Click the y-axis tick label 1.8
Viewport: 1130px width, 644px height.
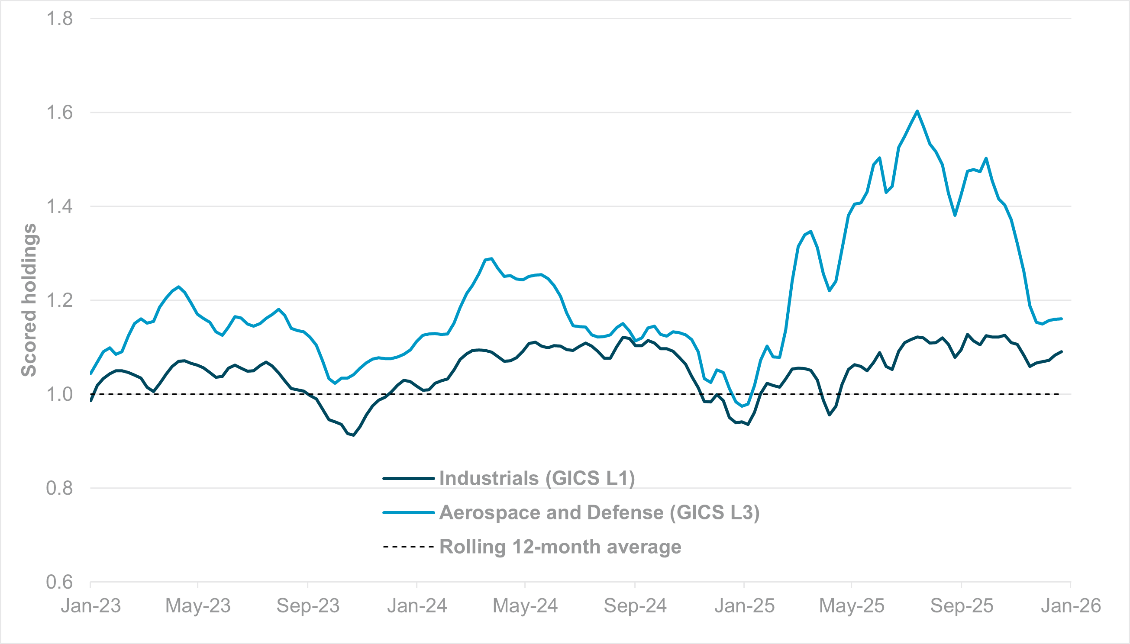click(59, 19)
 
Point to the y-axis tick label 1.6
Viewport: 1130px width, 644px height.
click(59, 113)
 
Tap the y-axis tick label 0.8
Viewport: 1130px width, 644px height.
click(59, 488)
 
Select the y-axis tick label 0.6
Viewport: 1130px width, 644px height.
click(59, 582)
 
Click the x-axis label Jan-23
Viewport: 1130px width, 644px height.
click(90, 605)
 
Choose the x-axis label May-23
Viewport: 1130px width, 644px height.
click(198, 605)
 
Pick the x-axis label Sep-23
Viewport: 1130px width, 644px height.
click(307, 605)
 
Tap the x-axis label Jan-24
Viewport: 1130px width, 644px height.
click(417, 605)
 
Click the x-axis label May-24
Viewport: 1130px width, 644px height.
click(525, 605)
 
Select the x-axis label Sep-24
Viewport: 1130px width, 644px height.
click(635, 605)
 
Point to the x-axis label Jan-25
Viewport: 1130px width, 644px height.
click(744, 605)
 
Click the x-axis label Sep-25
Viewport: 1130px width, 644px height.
click(962, 605)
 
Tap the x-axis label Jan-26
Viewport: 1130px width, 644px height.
click(1070, 605)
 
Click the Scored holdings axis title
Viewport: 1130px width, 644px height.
click(29, 300)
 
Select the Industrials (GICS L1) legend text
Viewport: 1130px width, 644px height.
click(537, 478)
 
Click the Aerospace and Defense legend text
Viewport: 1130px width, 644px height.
click(599, 512)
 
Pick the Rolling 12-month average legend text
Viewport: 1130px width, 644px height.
click(560, 547)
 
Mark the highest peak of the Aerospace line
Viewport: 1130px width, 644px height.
click(917, 111)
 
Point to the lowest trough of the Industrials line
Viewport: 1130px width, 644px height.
click(354, 435)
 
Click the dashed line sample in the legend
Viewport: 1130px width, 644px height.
click(408, 547)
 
